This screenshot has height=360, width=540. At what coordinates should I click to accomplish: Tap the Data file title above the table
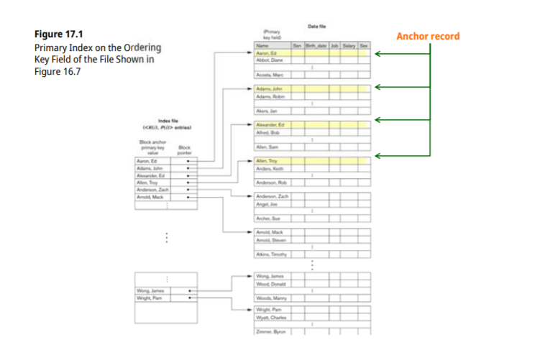click(x=318, y=26)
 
